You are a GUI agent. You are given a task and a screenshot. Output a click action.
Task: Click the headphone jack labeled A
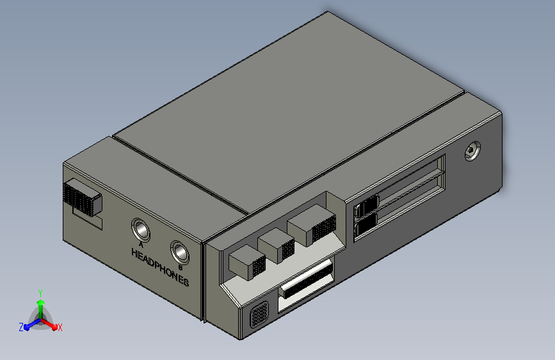pos(140,229)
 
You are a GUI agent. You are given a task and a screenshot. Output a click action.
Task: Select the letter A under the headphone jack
pos(141,244)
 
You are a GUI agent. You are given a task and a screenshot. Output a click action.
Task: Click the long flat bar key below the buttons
pos(306,281)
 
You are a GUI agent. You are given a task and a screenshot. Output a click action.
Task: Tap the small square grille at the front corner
pos(259,316)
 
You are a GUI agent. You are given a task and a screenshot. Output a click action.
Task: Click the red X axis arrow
pos(52,325)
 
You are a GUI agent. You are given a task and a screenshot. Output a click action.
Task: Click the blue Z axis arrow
pos(29,326)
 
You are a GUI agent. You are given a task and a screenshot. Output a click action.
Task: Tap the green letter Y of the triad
pos(40,292)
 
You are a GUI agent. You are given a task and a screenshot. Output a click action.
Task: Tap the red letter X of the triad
pos(60,327)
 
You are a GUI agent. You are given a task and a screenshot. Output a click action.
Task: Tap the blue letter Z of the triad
pos(21,327)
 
